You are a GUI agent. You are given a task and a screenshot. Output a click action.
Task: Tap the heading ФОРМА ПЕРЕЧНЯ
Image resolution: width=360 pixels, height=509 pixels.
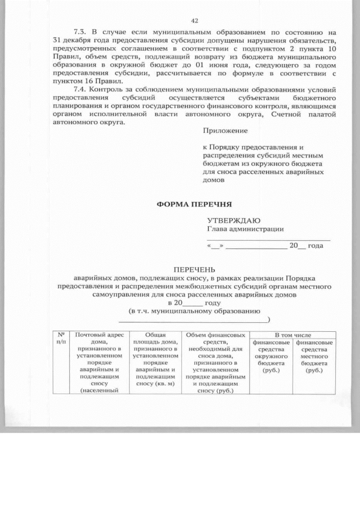(194, 204)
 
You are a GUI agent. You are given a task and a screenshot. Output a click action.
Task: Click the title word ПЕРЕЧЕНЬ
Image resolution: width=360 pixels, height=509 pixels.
(194, 270)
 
